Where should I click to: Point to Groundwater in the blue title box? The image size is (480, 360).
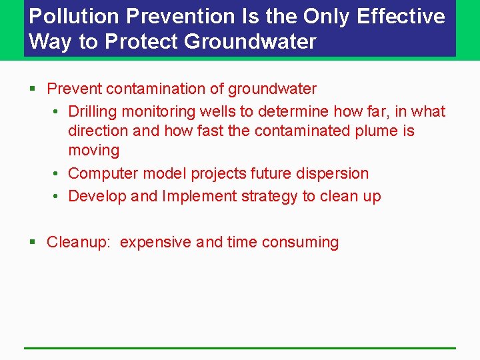[x=250, y=42]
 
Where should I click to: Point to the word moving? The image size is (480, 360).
[x=93, y=151]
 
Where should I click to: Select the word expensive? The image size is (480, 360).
[x=156, y=242]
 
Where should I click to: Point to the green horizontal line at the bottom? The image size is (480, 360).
[x=240, y=347]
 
